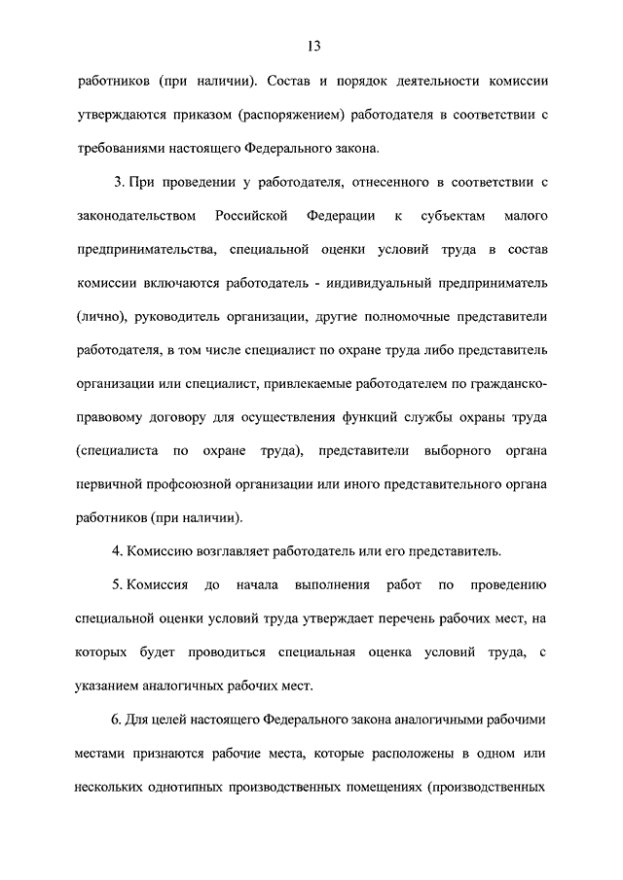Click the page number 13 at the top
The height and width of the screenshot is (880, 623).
(311, 47)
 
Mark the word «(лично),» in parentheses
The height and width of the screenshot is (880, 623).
(101, 317)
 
